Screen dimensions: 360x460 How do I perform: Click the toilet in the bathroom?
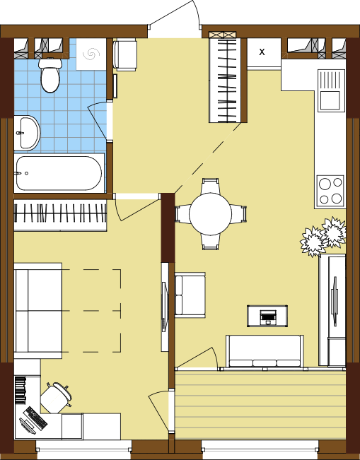tap(50, 75)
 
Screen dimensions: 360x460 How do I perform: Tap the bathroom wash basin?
tap(27, 133)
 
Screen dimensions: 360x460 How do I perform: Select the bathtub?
tap(59, 173)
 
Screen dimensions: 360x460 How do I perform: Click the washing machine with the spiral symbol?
tap(91, 54)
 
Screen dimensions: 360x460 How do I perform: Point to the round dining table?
tap(210, 214)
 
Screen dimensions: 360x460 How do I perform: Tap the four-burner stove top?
tap(330, 191)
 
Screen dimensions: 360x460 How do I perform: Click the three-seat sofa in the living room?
tap(265, 351)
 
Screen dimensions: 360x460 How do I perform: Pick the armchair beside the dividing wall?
tap(190, 295)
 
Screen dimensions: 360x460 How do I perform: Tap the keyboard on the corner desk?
tap(35, 418)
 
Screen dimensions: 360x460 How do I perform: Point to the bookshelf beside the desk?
tap(21, 390)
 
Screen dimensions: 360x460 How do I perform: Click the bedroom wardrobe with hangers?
tap(60, 215)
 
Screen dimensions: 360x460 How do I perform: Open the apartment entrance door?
tap(175, 18)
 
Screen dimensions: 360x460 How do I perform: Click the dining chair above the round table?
tap(210, 186)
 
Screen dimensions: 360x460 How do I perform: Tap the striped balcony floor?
tap(260, 405)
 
